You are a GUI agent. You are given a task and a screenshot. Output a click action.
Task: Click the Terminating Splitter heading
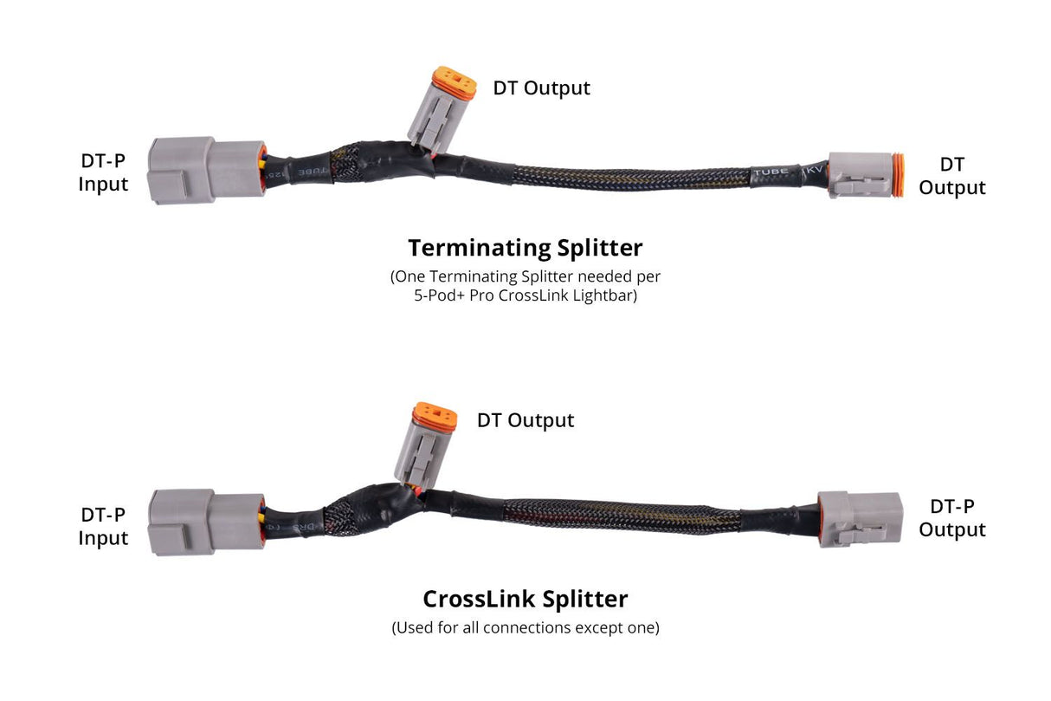point(525,248)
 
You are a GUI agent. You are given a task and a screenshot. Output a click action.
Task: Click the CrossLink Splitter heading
point(525,599)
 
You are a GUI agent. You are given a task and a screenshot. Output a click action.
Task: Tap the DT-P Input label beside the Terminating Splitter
point(103,172)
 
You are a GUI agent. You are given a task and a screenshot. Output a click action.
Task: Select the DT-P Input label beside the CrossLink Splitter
point(103,526)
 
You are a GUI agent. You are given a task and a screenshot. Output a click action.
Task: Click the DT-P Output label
point(951,518)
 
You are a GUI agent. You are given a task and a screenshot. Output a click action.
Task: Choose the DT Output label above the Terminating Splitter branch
point(541,88)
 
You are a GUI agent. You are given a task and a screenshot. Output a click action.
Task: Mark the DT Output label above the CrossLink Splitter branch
point(525,421)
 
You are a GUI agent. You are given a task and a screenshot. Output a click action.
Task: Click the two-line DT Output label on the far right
point(951,176)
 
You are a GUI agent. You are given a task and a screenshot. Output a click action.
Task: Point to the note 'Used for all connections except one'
point(525,627)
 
